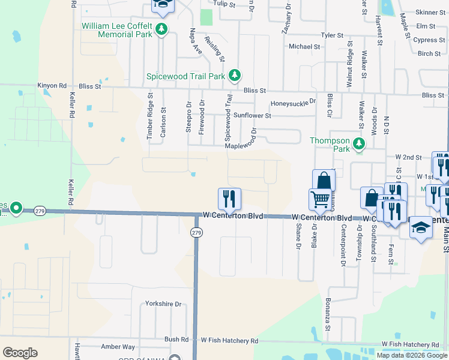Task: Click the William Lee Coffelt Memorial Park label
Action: click(116, 31)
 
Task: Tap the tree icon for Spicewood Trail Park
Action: click(236, 75)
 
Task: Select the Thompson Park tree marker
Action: click(359, 143)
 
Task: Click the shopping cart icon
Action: click(320, 199)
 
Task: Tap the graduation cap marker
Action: click(421, 228)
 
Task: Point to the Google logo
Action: click(20, 353)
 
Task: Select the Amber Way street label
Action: click(118, 347)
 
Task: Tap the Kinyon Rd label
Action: click(52, 86)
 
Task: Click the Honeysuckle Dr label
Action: click(293, 103)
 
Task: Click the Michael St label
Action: click(304, 46)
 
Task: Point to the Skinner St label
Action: click(430, 12)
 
